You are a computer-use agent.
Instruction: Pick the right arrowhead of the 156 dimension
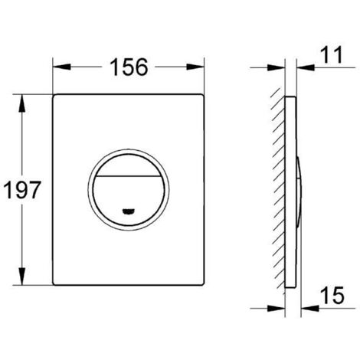click(201, 67)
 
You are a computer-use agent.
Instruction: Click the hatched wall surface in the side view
click(278, 191)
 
